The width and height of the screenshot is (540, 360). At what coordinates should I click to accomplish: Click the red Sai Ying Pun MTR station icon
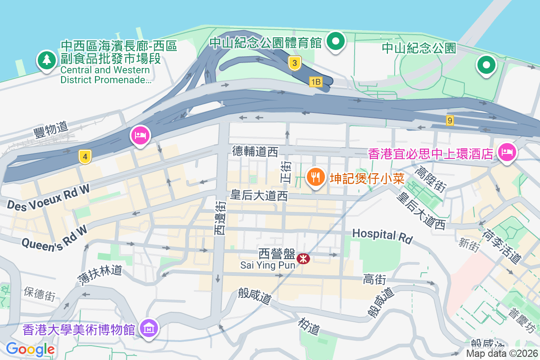pyautogui.click(x=303, y=258)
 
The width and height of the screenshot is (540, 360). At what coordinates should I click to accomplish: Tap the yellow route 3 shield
pyautogui.click(x=294, y=63)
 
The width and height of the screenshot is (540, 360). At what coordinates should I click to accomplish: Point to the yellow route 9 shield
pyautogui.click(x=450, y=120)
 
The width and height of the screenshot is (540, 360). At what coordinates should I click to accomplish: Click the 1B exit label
pyautogui.click(x=316, y=81)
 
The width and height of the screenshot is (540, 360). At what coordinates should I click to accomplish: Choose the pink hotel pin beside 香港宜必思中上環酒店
pyautogui.click(x=507, y=153)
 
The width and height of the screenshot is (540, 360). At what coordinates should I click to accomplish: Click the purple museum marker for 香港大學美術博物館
pyautogui.click(x=149, y=329)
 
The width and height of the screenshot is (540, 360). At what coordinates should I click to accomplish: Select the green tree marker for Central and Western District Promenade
pyautogui.click(x=46, y=60)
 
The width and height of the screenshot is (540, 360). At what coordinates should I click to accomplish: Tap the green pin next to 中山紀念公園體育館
pyautogui.click(x=335, y=42)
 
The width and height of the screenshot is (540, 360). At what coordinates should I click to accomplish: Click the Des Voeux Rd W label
pyautogui.click(x=48, y=198)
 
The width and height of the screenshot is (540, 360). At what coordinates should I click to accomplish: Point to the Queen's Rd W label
pyautogui.click(x=54, y=236)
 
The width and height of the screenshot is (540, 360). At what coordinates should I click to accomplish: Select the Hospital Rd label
pyautogui.click(x=382, y=235)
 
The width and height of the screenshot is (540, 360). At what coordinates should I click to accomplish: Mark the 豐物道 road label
pyautogui.click(x=50, y=130)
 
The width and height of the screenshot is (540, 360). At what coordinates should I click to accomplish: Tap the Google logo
pyautogui.click(x=30, y=349)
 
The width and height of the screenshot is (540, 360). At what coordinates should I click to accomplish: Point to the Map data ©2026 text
pyautogui.click(x=501, y=353)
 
